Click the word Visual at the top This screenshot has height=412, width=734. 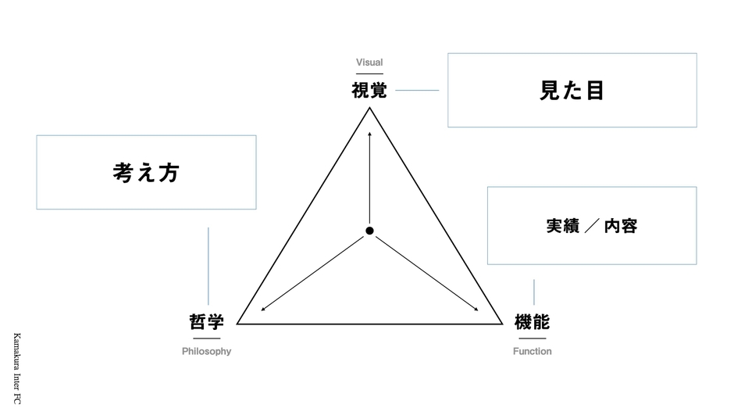(369, 63)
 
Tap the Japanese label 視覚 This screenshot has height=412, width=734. (369, 90)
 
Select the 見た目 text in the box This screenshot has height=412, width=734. (572, 91)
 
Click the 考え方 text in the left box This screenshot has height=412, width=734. (146, 173)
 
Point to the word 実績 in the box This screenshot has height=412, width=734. (563, 226)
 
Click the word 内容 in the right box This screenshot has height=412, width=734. (621, 226)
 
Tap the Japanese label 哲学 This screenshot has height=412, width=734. (206, 321)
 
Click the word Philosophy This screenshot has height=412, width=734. (206, 351)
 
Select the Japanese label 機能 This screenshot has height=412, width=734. (532, 321)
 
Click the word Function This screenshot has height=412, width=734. (533, 351)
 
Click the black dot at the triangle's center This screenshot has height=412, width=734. (369, 231)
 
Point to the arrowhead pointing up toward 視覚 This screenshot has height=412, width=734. (369, 134)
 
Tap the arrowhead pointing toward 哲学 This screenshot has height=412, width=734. (263, 309)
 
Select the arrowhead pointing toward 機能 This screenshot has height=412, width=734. (476, 309)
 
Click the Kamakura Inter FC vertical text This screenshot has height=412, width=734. (17, 368)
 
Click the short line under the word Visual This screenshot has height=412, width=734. (369, 74)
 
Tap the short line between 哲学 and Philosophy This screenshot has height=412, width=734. (206, 339)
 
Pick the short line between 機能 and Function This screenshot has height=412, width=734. (533, 339)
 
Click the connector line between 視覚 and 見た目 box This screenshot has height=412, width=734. (417, 91)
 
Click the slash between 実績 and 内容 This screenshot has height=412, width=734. (592, 226)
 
